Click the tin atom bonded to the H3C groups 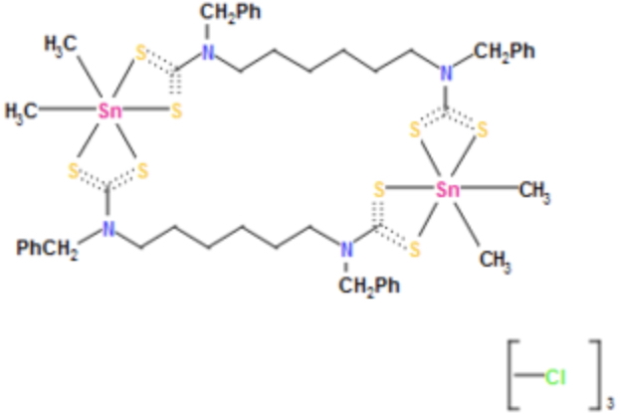click(x=110, y=110)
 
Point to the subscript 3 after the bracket click(x=610, y=403)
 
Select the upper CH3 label click(x=533, y=190)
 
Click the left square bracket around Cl click(x=514, y=375)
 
